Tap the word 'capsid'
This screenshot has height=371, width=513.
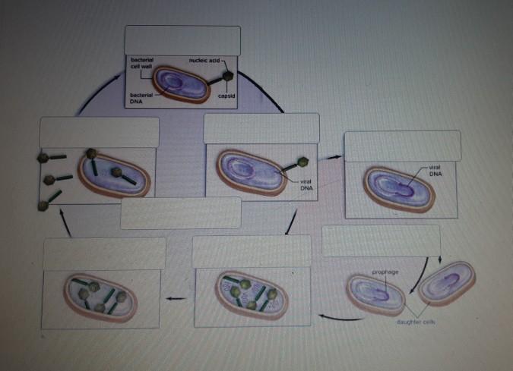226,96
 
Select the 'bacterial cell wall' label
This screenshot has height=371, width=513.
141,62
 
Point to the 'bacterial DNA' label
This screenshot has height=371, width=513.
141,97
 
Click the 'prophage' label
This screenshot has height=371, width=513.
385,271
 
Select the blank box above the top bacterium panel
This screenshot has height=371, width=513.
182,39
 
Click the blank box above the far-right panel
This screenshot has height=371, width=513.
402,145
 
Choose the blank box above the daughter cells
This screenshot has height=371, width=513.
381,240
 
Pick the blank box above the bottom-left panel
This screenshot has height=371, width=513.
104,253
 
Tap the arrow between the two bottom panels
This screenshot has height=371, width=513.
177,298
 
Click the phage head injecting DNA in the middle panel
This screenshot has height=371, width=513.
302,162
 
